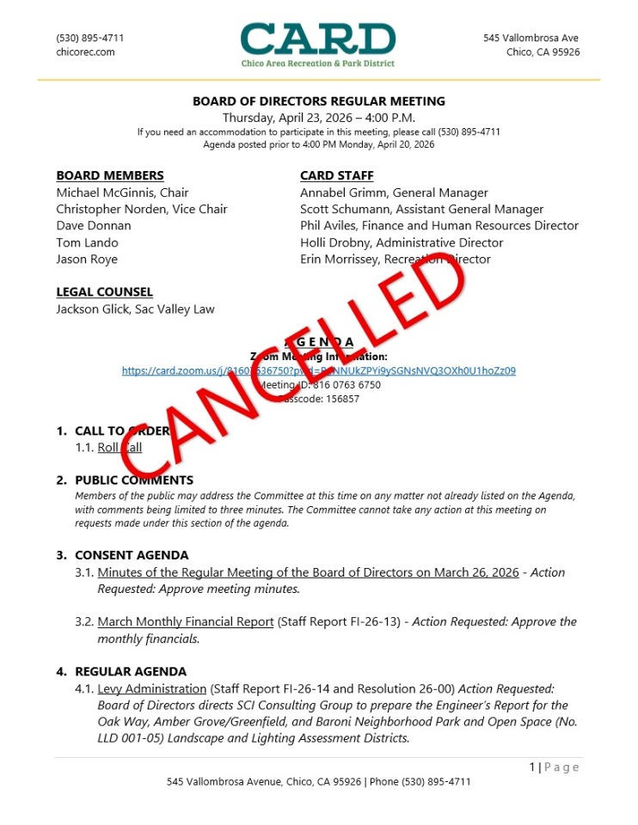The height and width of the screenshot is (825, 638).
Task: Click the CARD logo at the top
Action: (318, 44)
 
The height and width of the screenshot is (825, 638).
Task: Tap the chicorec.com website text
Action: (85, 52)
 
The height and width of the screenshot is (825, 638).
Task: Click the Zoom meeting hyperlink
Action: (318, 371)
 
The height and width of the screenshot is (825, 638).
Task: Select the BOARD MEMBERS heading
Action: (110, 176)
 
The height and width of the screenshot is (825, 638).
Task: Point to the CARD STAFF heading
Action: (336, 176)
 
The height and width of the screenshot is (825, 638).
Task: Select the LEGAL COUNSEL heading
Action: (104, 292)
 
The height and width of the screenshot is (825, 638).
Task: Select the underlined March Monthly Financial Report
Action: (186, 621)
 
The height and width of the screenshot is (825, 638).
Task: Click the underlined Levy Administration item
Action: (152, 688)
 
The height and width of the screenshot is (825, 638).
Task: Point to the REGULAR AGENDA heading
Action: (131, 671)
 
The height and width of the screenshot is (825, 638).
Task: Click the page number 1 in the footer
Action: (532, 767)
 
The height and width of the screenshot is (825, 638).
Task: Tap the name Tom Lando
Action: (87, 242)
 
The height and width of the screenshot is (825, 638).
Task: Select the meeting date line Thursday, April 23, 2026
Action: (318, 117)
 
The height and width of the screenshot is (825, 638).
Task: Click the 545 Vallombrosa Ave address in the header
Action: (531, 38)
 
